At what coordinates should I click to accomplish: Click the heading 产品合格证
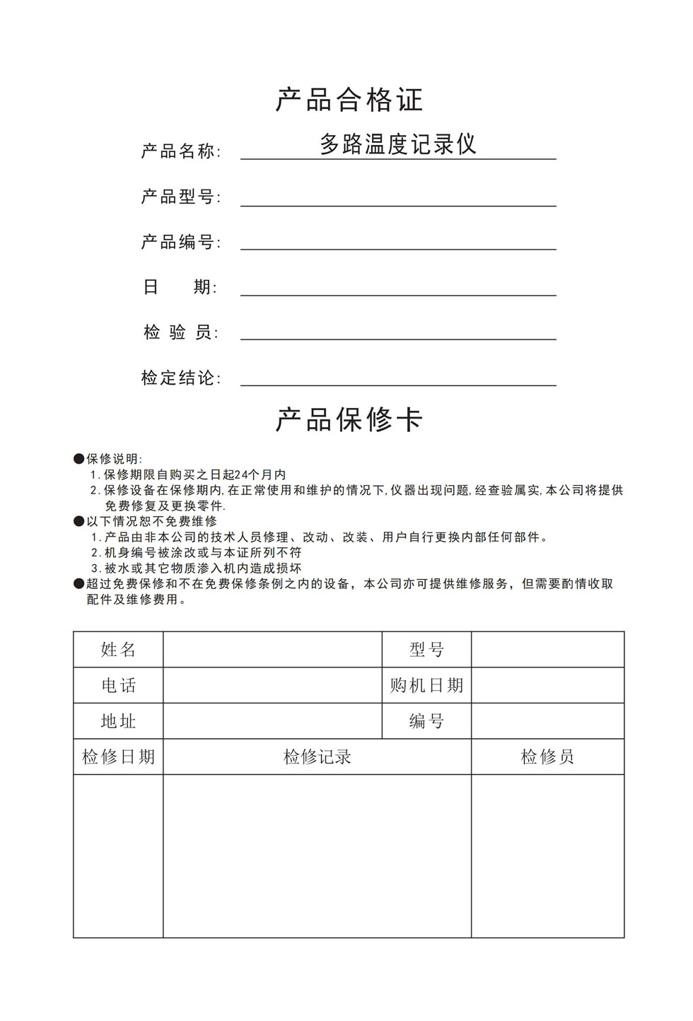[349, 100]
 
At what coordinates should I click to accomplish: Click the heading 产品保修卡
[349, 419]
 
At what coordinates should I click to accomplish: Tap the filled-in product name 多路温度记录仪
[398, 144]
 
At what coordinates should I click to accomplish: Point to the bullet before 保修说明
[79, 460]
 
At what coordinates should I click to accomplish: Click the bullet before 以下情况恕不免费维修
[79, 522]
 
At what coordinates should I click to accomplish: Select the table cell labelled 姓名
[118, 650]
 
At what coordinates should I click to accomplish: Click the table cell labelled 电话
[118, 685]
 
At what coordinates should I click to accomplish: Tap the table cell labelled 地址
[118, 721]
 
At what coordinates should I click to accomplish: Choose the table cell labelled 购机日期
[426, 685]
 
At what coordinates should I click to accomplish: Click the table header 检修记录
[317, 757]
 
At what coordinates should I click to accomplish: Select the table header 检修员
[547, 757]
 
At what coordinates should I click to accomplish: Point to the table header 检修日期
[118, 757]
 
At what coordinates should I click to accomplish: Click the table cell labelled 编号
[426, 721]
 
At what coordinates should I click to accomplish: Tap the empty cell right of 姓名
[272, 650]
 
